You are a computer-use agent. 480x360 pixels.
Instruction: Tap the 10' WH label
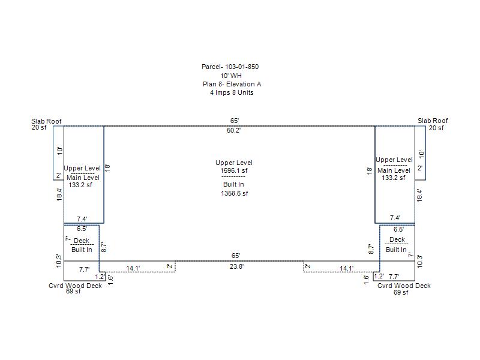click(x=231, y=76)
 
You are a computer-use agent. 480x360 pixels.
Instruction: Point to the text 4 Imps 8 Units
click(x=231, y=93)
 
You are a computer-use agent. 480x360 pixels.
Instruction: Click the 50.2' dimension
click(x=233, y=130)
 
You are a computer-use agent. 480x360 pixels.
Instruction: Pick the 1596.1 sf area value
click(x=233, y=171)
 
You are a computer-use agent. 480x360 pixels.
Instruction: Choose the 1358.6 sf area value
click(x=234, y=194)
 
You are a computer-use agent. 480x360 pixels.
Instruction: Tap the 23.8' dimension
click(x=236, y=266)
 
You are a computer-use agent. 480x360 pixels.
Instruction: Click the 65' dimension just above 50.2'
click(x=234, y=121)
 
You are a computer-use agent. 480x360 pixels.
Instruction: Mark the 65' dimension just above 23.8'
click(x=235, y=256)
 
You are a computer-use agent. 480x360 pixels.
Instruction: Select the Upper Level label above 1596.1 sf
click(x=234, y=163)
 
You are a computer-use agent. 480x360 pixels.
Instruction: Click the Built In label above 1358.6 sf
click(x=233, y=184)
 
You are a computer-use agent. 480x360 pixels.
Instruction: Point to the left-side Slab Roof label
click(x=46, y=121)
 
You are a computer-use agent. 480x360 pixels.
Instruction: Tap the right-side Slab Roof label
click(x=433, y=121)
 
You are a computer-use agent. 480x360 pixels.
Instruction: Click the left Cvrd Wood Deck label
click(x=75, y=286)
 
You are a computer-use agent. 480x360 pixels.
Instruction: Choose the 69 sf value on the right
click(x=401, y=293)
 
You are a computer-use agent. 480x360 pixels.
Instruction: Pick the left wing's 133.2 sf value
click(x=80, y=185)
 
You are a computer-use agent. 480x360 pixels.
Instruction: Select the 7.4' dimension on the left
click(x=82, y=219)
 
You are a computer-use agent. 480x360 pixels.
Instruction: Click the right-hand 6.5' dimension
click(x=398, y=229)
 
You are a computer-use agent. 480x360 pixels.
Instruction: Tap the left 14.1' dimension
click(x=133, y=268)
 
